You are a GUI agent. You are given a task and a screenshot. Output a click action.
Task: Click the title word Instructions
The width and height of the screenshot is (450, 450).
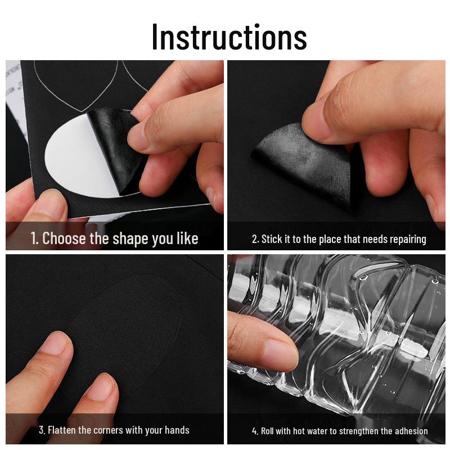click(x=229, y=37)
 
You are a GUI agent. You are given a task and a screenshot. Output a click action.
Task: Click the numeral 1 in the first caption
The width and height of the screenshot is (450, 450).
click(x=34, y=238)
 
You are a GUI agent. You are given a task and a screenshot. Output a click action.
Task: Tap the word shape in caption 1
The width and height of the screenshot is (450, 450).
click(x=130, y=238)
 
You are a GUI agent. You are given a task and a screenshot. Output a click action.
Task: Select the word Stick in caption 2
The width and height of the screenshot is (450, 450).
click(x=272, y=239)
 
